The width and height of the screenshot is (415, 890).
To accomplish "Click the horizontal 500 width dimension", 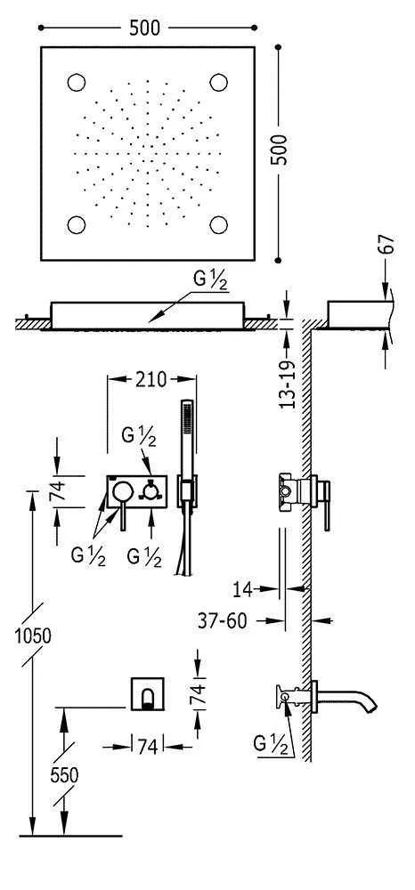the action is click(x=145, y=28).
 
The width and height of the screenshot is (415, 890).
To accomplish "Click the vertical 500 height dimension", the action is click(x=279, y=150).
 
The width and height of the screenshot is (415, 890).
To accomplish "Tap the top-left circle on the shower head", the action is click(x=76, y=83).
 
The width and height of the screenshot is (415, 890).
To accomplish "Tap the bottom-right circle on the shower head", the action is click(x=218, y=225).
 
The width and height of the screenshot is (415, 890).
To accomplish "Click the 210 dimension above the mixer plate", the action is click(x=151, y=379).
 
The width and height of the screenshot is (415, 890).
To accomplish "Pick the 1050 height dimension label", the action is click(x=32, y=635).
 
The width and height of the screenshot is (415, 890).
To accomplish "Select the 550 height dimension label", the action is click(x=63, y=775).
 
